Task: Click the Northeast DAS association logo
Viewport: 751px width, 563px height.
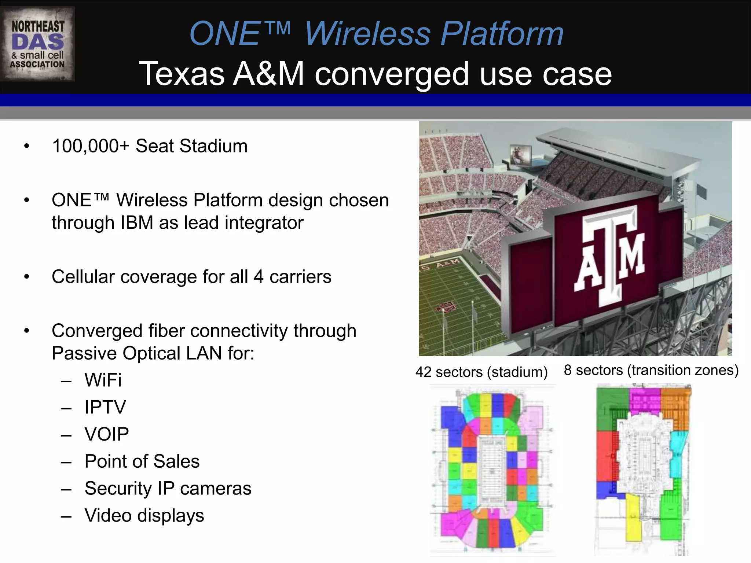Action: click(x=38, y=44)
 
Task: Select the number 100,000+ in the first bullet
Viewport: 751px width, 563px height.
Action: click(x=91, y=146)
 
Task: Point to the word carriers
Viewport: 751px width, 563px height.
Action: click(x=300, y=277)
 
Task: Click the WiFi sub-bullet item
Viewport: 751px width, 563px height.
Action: click(x=103, y=380)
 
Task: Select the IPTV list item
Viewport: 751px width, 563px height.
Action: click(x=105, y=407)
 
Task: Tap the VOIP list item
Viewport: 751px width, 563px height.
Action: click(x=107, y=434)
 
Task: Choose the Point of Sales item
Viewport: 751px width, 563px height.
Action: click(x=142, y=461)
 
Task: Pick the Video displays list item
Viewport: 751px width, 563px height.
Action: click(x=144, y=516)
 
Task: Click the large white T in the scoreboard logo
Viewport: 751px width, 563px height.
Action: click(x=610, y=253)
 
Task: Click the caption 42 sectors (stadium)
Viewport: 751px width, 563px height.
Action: click(x=481, y=372)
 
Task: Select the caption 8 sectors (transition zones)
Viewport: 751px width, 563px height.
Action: click(x=651, y=370)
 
